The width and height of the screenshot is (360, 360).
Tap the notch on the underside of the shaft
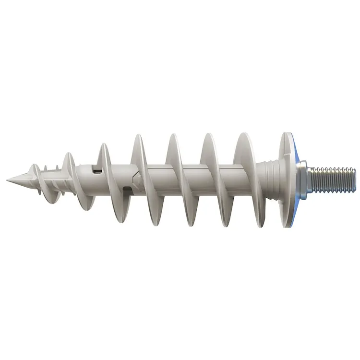tap(126, 190)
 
